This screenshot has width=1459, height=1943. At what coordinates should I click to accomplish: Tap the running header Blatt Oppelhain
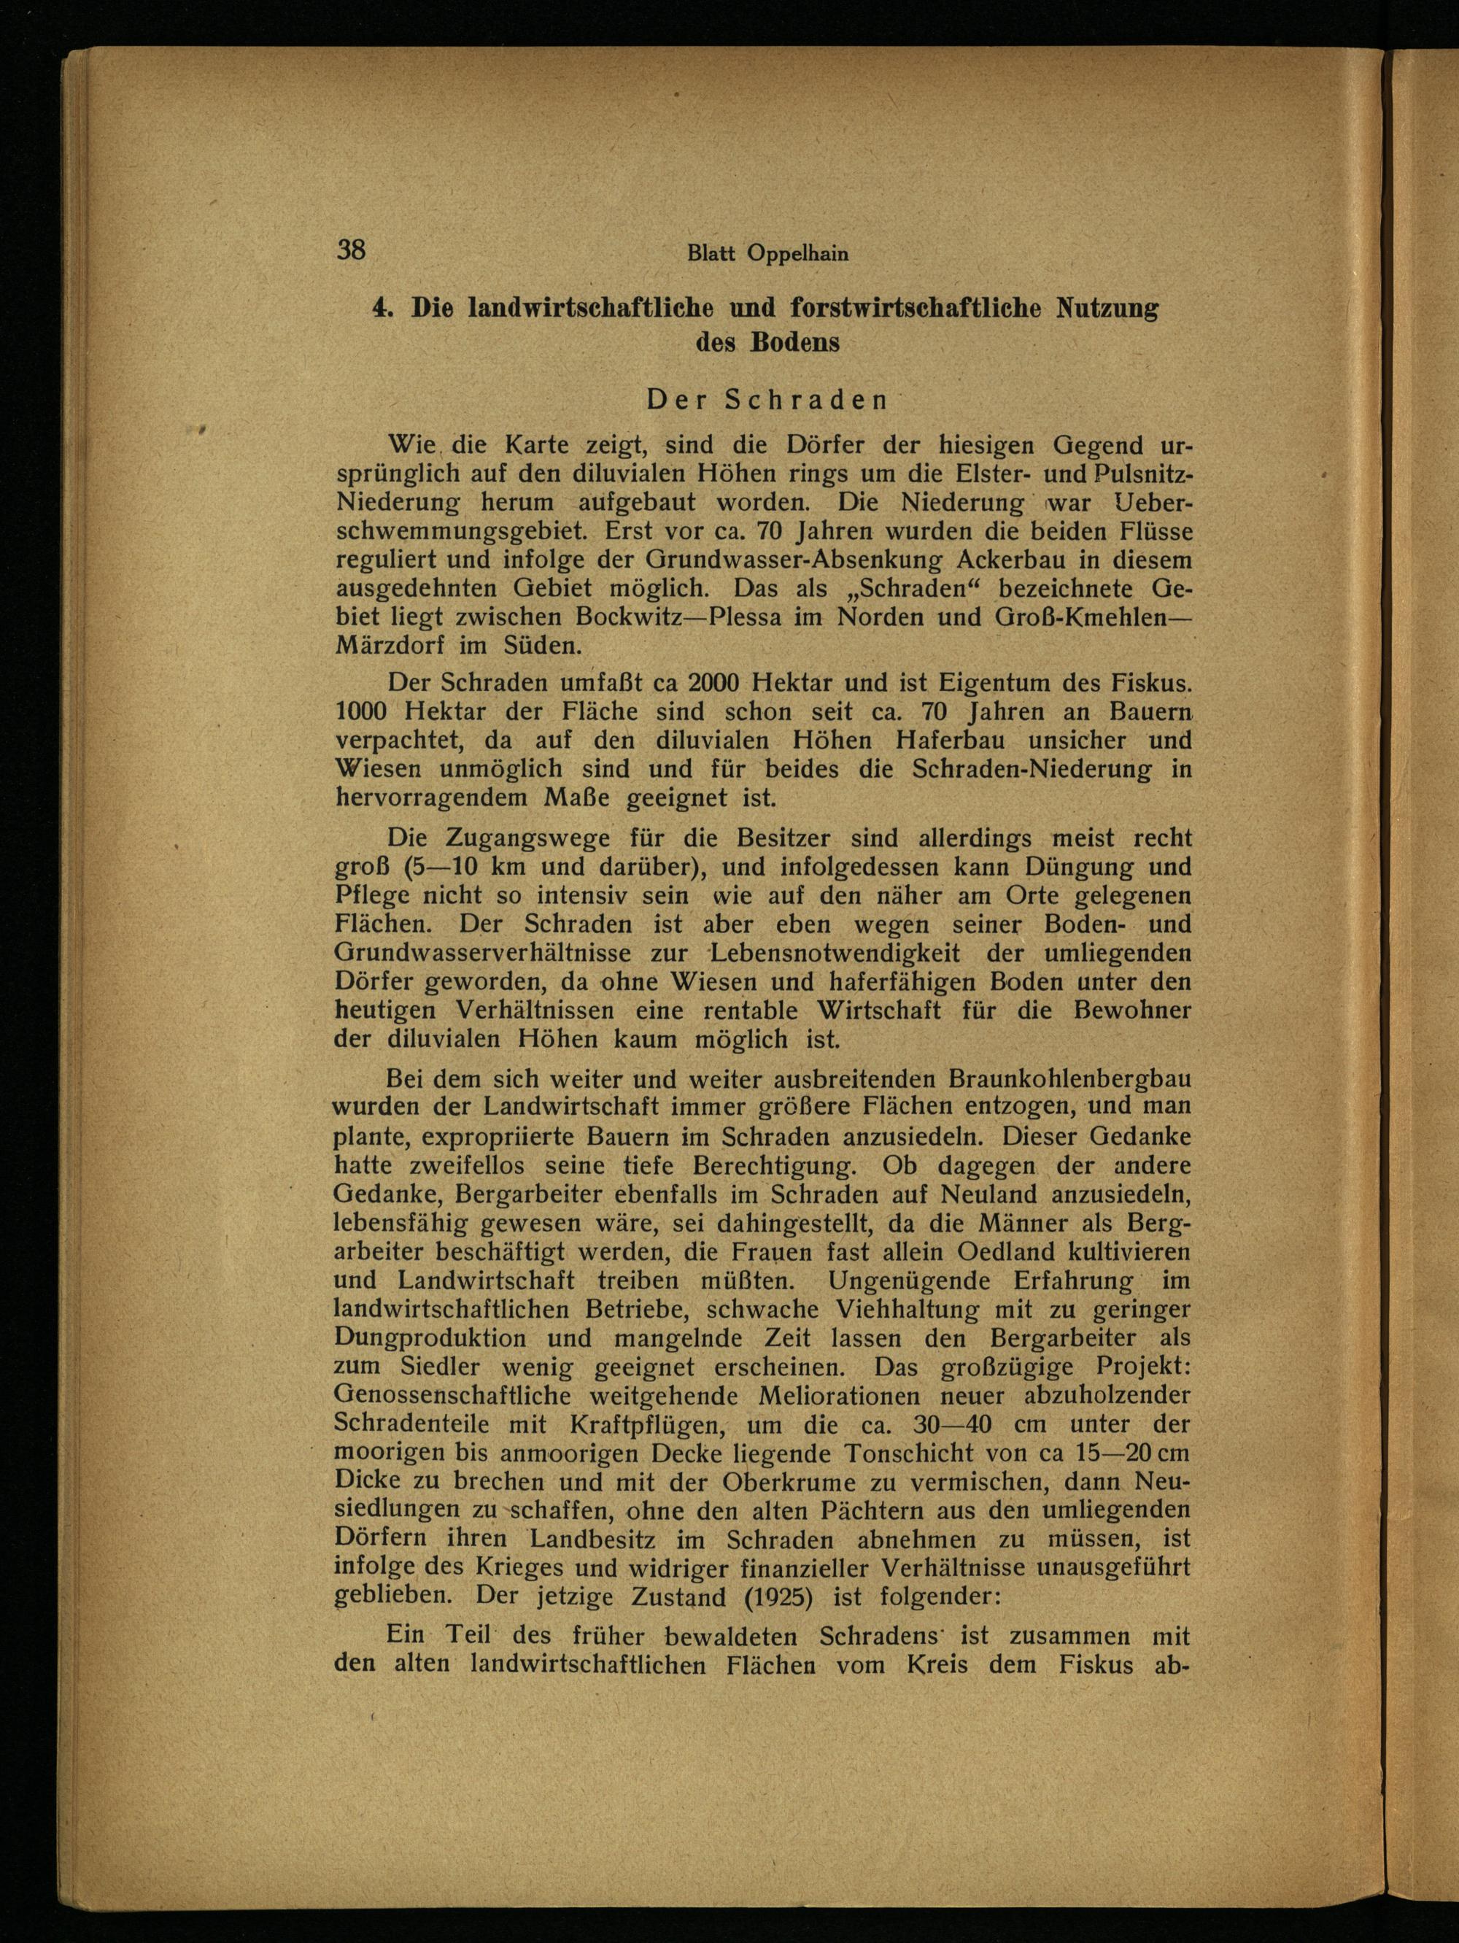coord(767,254)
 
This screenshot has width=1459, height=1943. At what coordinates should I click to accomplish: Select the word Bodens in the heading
coord(794,343)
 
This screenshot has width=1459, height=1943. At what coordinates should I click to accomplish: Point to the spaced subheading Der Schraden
coord(767,400)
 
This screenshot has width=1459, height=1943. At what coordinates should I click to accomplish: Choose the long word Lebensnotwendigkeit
coord(835,952)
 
